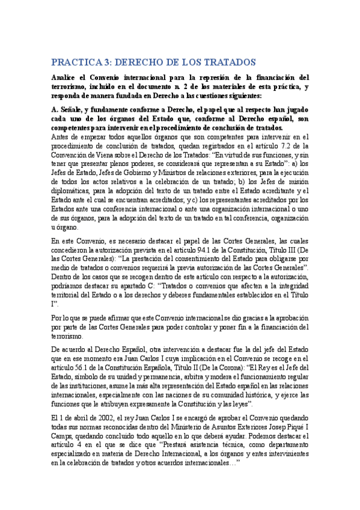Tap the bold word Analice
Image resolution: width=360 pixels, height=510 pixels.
pos(67,78)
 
